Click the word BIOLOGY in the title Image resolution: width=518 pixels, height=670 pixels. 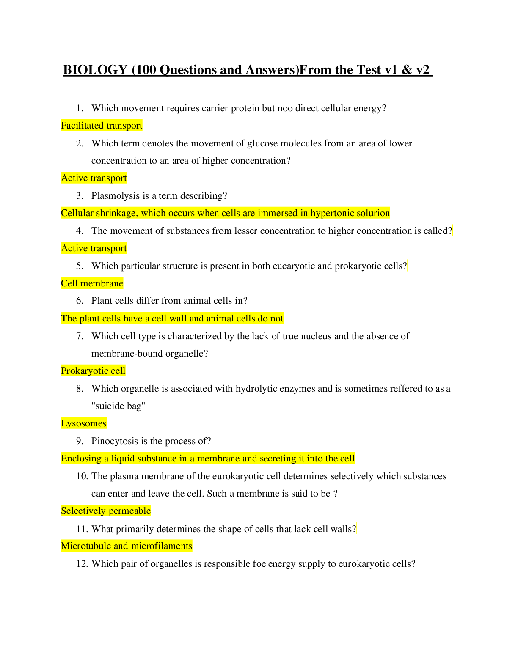(x=95, y=70)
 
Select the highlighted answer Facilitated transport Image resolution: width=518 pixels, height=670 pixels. (x=102, y=126)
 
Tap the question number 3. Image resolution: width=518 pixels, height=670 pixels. (x=80, y=196)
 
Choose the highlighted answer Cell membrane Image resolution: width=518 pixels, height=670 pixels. (x=92, y=283)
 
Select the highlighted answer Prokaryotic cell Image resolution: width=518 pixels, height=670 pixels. (x=93, y=371)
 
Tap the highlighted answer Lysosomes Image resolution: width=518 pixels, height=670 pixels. (x=84, y=423)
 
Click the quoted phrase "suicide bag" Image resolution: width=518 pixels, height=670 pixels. (x=118, y=406)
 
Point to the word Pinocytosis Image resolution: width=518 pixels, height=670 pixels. (x=115, y=441)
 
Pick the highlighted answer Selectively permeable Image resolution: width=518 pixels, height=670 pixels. (x=106, y=511)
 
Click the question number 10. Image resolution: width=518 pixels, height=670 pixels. (x=82, y=476)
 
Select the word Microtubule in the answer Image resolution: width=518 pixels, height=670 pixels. (x=86, y=546)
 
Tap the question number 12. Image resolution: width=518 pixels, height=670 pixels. (x=82, y=564)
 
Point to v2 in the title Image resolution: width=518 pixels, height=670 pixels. (x=422, y=70)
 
